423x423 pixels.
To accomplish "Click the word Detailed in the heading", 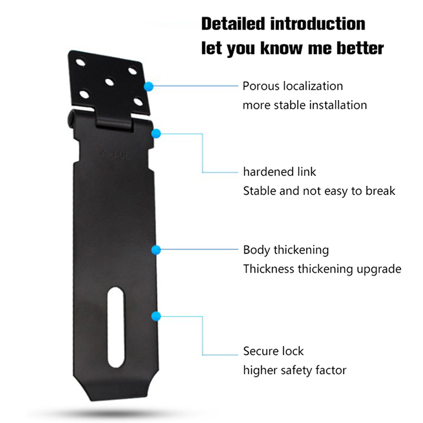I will pos(233,24).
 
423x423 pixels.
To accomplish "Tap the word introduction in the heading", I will pos(318,24).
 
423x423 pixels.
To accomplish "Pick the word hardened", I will pos(268,172).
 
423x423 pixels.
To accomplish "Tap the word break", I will pos(380,191).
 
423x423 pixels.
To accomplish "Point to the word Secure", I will pos(259,351).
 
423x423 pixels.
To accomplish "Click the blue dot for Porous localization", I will pos(150,86).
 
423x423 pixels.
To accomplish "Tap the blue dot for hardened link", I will pos(155,134).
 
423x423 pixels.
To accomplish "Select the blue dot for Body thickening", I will pos(155,250).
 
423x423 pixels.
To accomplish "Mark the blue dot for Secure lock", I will pos(155,317).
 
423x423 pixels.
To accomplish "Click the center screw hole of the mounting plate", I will pos(109,82).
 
